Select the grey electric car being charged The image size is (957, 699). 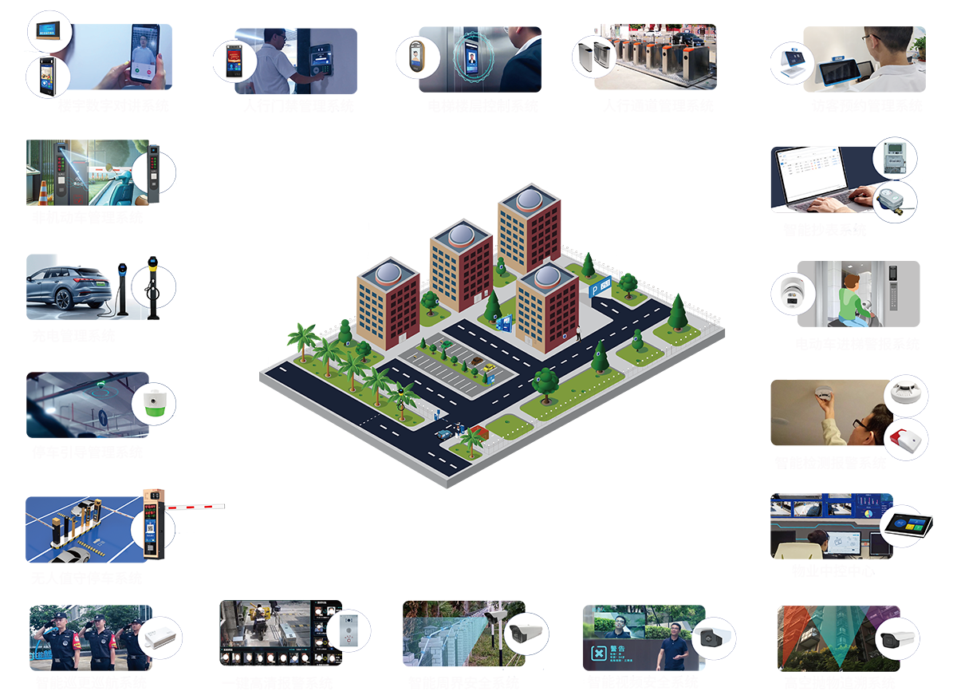[x=67, y=287]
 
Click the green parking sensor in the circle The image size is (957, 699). [x=152, y=402]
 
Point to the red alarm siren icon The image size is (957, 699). [x=906, y=440]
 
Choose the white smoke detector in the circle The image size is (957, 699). [x=906, y=393]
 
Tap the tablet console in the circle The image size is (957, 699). [x=908, y=526]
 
